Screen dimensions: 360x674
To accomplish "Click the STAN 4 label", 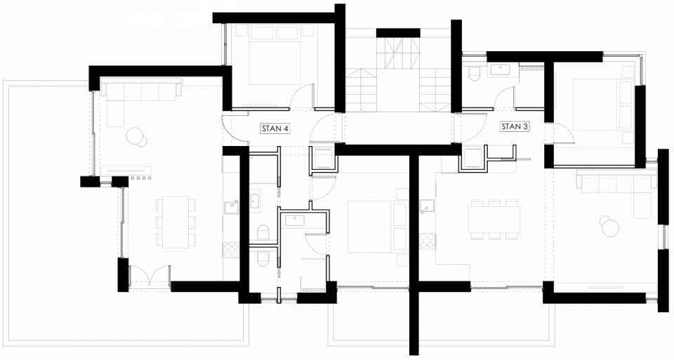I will (x=275, y=128).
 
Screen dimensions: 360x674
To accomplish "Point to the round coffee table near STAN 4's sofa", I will (x=136, y=136).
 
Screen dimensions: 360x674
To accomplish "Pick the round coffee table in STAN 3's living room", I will (x=608, y=226).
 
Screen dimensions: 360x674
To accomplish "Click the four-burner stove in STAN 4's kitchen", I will (x=231, y=248).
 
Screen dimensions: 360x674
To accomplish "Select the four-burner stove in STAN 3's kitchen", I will (x=426, y=241).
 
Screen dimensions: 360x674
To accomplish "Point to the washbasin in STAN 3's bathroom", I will (x=501, y=69).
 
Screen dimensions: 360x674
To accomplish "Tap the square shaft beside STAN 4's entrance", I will (x=323, y=160).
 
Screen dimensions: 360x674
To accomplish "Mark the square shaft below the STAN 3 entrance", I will (x=473, y=159).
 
